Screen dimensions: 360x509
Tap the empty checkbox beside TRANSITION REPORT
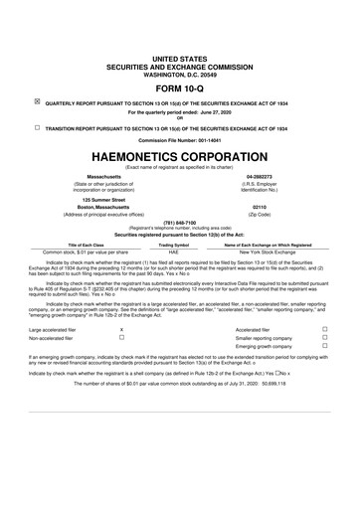coord(37,128)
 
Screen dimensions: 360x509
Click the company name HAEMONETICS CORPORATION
coord(179,156)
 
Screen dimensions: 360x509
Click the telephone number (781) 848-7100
coord(179,224)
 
